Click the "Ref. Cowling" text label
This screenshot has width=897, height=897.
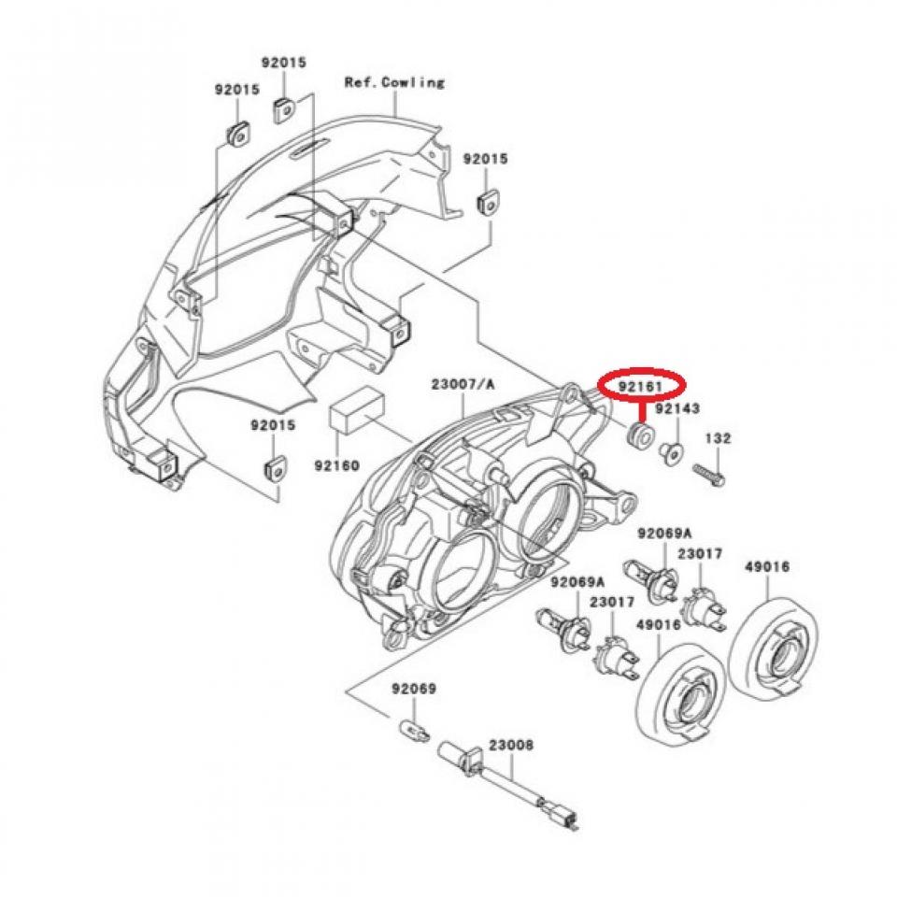point(393,82)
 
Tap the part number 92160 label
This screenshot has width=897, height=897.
point(336,463)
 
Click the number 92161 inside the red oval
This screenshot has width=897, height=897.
point(641,384)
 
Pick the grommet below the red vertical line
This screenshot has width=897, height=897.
point(641,434)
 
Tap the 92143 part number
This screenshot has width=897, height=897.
point(677,409)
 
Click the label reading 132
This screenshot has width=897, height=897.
point(718,437)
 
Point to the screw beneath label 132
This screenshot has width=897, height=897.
point(710,475)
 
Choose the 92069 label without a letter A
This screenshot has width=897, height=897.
point(414,689)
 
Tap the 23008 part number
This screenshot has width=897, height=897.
point(511,746)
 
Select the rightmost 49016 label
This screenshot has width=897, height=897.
point(767,567)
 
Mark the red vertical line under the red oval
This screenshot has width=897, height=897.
point(641,409)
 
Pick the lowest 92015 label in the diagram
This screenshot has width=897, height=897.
point(272,425)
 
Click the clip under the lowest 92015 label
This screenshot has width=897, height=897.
point(276,467)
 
